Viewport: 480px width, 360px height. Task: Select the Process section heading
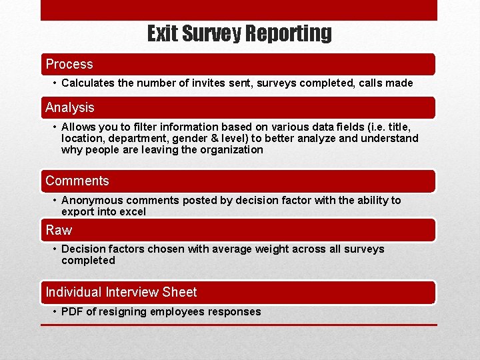(x=69, y=65)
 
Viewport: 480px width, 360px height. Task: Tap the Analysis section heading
(x=70, y=107)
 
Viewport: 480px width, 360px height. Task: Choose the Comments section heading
(x=77, y=181)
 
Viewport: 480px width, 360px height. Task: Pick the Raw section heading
(x=59, y=230)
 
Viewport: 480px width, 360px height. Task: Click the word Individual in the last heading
(x=73, y=292)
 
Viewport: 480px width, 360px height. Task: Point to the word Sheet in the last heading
(x=179, y=292)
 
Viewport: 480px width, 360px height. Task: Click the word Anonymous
(x=92, y=201)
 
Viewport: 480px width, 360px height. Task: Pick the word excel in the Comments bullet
(x=132, y=212)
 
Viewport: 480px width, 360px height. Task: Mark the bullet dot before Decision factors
(x=54, y=249)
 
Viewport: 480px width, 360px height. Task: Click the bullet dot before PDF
(x=54, y=311)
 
